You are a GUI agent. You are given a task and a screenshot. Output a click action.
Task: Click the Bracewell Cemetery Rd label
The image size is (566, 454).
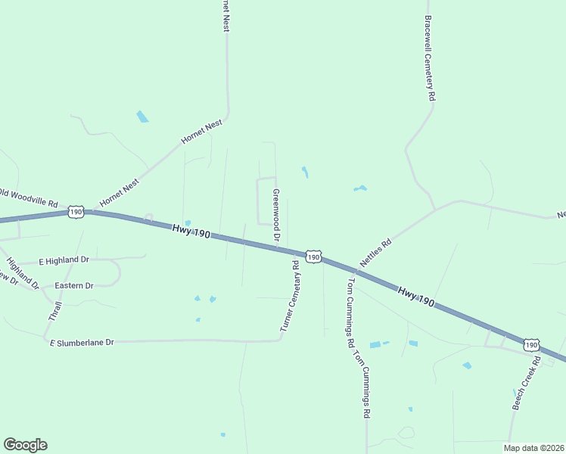click(x=430, y=59)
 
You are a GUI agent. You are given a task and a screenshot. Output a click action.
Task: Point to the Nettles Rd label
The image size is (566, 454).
click(x=376, y=252)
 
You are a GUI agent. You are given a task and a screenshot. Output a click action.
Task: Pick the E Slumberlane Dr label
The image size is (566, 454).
click(x=82, y=343)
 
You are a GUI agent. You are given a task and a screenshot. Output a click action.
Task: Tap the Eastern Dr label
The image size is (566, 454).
click(x=74, y=286)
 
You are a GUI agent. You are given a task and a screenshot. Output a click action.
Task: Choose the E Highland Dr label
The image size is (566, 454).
click(x=64, y=260)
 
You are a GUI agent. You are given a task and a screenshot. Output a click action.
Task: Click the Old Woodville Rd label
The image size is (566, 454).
click(x=29, y=199)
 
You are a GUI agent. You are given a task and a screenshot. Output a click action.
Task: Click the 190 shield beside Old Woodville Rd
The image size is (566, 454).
click(x=76, y=212)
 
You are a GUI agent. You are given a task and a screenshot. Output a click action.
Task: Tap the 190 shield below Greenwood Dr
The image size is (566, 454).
click(x=314, y=257)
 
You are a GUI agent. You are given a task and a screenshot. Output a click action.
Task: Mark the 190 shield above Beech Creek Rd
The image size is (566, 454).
click(x=532, y=344)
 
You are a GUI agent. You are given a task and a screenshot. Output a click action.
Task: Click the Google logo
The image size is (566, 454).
click(x=25, y=445)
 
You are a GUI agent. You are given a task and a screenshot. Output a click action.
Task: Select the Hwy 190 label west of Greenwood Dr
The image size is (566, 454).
click(x=190, y=231)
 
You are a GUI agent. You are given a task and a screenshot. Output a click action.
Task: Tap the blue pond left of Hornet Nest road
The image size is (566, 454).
click(x=142, y=117)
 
